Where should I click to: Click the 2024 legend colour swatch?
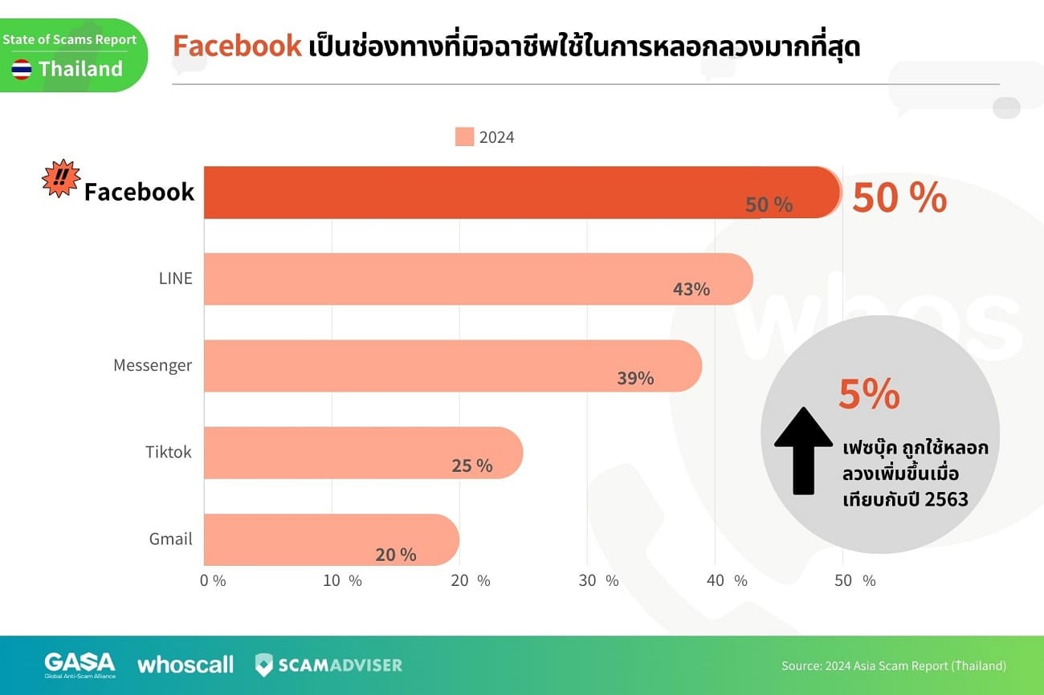[x=464, y=137]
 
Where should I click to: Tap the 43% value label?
[x=691, y=290]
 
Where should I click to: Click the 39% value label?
[x=635, y=378]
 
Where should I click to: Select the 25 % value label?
[x=472, y=465]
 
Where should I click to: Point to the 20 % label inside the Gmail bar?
[x=396, y=555]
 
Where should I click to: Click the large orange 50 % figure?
[x=899, y=198]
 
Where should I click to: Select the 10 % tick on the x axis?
[x=343, y=581]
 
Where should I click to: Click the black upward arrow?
[x=803, y=449]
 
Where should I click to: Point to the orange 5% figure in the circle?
[x=869, y=394]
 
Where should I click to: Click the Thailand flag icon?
[x=22, y=69]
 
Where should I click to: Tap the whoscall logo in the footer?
[x=186, y=665]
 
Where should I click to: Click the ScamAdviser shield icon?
[x=264, y=665]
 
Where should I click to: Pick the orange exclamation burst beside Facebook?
[x=61, y=178]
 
